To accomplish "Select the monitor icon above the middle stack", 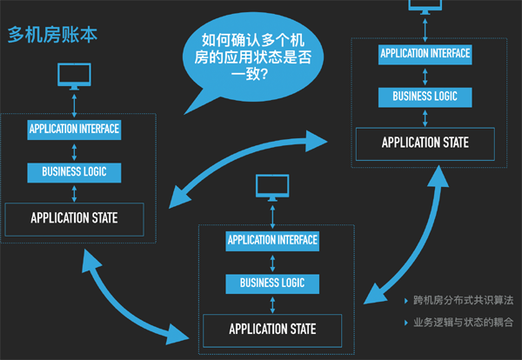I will point(272,187).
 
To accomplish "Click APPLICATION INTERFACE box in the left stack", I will point(74,130).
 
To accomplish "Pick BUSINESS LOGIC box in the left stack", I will point(74,171).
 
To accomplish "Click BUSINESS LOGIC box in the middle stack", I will point(272,283).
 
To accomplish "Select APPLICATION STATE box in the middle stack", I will point(272,330).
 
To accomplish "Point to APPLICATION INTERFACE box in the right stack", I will point(425,53).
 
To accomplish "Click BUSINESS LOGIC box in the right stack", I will point(425,96).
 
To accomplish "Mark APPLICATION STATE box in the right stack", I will point(425,143).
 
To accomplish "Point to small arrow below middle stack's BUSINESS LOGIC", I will point(272,304).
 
